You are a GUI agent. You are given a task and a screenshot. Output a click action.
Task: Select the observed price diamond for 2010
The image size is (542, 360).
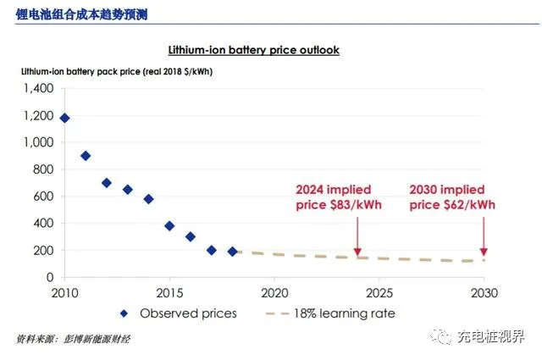click(x=64, y=118)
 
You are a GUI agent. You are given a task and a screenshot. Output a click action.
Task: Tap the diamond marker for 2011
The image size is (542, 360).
click(x=86, y=156)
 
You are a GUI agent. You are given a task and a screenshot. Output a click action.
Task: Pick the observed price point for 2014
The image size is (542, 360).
click(x=148, y=199)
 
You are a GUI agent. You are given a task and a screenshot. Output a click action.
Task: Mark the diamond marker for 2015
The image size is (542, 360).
click(x=169, y=226)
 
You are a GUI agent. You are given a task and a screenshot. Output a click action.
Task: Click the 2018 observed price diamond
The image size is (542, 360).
click(x=232, y=252)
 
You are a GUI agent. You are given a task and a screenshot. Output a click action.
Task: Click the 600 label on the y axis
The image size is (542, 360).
click(x=42, y=197)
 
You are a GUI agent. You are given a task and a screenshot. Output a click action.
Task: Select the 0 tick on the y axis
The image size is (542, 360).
click(x=50, y=278)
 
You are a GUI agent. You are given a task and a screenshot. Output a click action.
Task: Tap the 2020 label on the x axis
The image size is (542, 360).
click(x=274, y=293)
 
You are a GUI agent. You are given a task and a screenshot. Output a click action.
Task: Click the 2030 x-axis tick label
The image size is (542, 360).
click(x=484, y=293)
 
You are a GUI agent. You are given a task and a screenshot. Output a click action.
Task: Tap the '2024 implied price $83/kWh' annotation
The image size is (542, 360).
click(x=333, y=197)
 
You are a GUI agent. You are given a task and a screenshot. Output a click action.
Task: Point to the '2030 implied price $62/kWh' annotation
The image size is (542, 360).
click(x=452, y=197)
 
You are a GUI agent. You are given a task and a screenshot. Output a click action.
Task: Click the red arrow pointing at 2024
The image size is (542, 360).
click(x=357, y=234)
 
